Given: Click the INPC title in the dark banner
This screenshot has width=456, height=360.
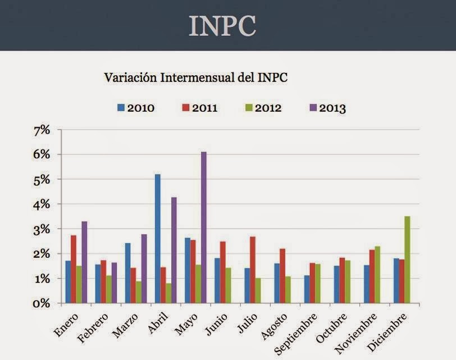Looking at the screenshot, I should tap(222, 25).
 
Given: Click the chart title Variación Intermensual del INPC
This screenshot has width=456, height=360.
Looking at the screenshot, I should tap(196, 78).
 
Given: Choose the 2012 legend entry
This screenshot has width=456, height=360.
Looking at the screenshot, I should tap(263, 108).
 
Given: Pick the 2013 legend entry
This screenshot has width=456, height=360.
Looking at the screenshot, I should tap(327, 108).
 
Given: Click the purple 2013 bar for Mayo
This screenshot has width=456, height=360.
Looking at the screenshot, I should tap(204, 227).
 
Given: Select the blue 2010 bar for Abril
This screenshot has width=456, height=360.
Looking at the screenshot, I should tap(157, 239).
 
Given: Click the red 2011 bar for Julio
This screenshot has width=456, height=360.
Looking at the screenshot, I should tap(253, 270).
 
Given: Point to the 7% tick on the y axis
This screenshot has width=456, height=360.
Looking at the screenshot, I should tap(43, 130).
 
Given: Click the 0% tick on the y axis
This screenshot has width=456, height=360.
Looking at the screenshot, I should tap(42, 304).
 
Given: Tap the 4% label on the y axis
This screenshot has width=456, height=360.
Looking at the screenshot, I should tap(43, 204).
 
